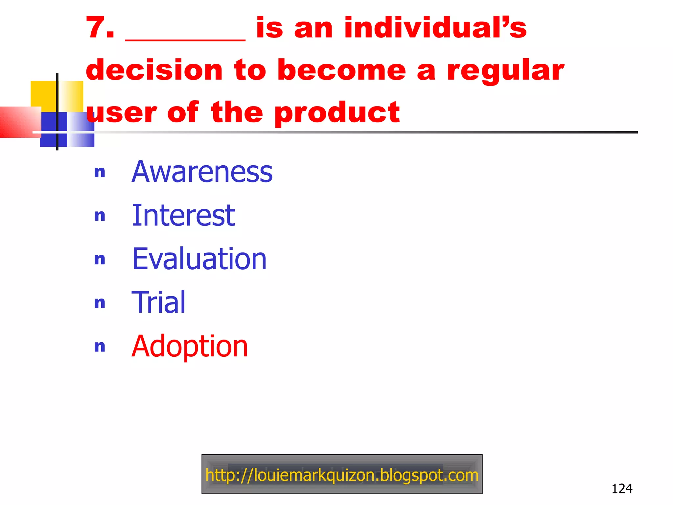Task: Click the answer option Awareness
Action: point(202,172)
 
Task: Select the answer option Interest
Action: point(183,216)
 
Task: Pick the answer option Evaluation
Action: point(199,259)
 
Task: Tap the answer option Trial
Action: point(158,302)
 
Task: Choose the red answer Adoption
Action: point(190,346)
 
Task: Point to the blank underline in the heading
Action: point(185,39)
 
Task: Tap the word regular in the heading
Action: point(505,71)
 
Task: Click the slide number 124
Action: point(622,489)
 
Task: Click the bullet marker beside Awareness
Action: point(100,172)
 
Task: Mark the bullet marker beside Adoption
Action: point(100,347)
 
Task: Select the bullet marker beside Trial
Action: point(100,303)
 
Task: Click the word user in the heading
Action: point(121,113)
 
